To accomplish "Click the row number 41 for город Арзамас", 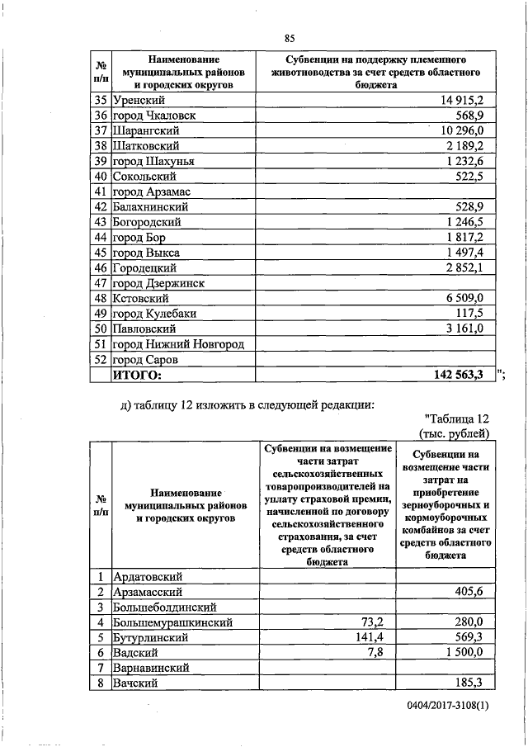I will [101, 191].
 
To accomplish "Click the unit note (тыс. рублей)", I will [455, 433].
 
